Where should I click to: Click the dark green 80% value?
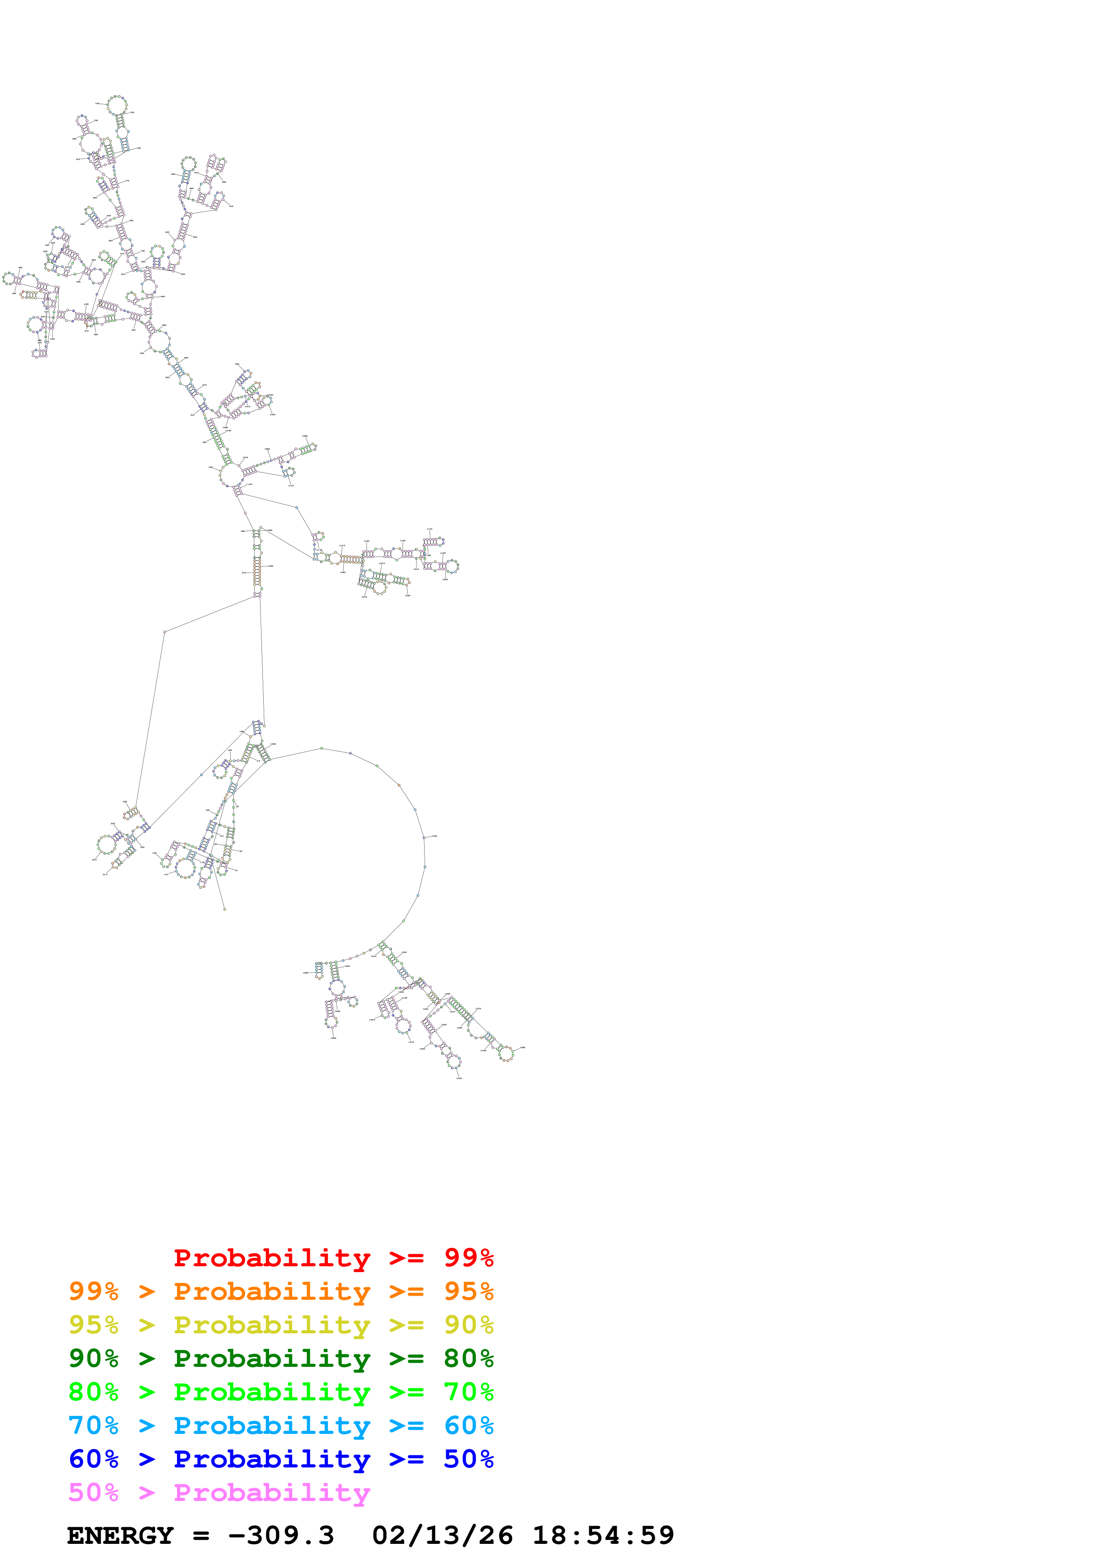(468, 1358)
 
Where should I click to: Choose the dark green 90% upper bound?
(93, 1358)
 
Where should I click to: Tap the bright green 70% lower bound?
(468, 1392)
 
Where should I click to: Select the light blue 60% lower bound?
(468, 1425)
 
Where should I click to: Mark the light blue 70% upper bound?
(93, 1425)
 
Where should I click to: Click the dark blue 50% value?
(468, 1459)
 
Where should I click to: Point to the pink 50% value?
(93, 1493)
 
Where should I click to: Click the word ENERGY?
(120, 1536)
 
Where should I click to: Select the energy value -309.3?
(281, 1536)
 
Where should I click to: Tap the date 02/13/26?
(442, 1536)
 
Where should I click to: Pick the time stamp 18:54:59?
(603, 1536)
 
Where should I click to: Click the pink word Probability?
(272, 1493)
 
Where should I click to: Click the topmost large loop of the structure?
(118, 106)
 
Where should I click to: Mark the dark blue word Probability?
(272, 1459)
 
